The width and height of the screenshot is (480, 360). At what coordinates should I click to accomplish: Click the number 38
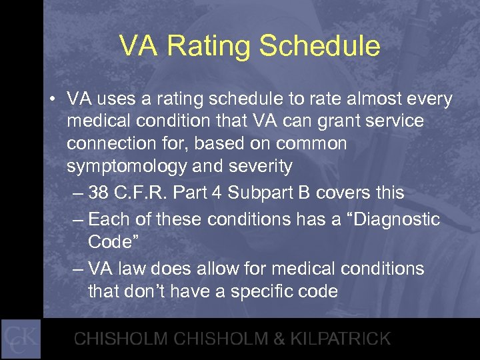[99, 193]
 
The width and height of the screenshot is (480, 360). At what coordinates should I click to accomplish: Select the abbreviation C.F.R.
[141, 193]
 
